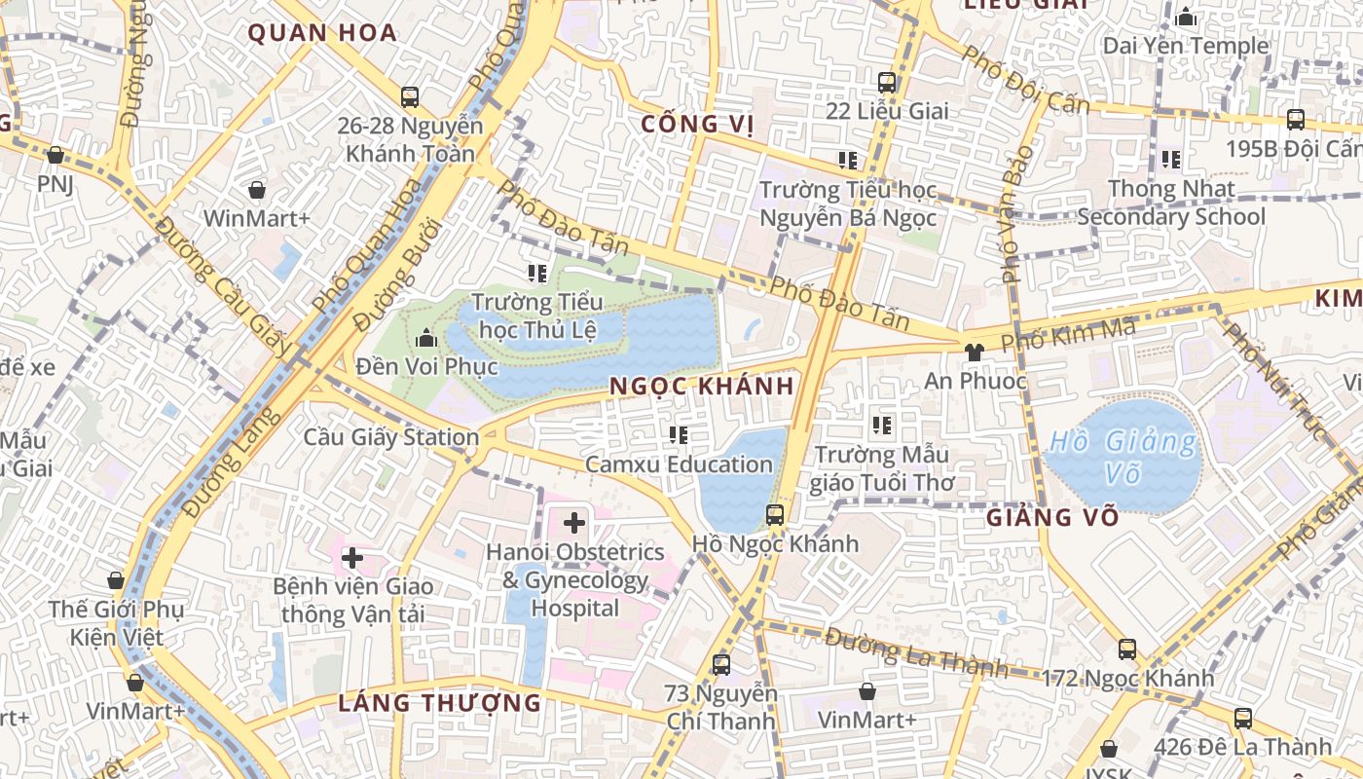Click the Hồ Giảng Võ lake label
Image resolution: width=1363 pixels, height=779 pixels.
1123,457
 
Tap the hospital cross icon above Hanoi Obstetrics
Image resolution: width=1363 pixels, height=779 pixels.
574,523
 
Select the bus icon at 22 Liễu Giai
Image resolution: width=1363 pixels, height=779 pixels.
886,83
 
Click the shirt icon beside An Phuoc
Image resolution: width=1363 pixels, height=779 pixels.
973,352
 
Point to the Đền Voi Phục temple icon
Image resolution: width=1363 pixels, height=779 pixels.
425,339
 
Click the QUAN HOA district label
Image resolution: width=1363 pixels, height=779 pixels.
322,33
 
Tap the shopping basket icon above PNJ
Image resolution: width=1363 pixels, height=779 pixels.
55,156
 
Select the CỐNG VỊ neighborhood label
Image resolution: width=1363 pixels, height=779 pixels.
698,124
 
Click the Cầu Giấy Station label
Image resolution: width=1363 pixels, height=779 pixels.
391,437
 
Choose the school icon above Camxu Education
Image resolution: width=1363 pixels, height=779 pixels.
679,435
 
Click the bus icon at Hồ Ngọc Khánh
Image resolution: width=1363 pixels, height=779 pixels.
775,514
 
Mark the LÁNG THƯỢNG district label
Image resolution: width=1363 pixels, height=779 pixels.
439,702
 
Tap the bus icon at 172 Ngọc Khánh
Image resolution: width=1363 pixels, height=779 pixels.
1127,649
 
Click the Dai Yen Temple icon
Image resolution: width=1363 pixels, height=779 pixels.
1185,18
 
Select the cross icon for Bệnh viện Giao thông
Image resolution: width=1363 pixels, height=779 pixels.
352,558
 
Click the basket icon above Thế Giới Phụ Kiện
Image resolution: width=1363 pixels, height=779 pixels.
116,581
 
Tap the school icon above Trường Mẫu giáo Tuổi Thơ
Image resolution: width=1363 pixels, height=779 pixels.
882,426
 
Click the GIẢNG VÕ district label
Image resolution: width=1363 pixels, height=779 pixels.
1051,517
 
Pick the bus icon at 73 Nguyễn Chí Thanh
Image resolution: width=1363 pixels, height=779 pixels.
720,665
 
